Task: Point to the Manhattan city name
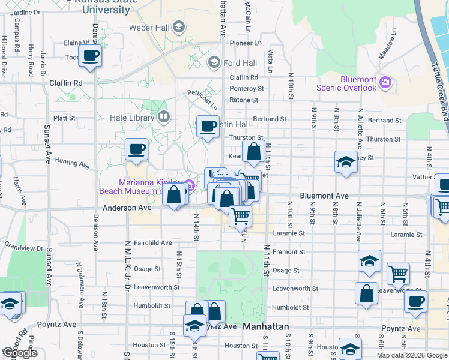click(x=266, y=327)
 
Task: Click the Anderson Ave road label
click(x=127, y=208)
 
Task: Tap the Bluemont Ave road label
click(x=324, y=196)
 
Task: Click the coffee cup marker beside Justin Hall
click(x=208, y=127)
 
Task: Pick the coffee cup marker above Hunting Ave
click(x=136, y=149)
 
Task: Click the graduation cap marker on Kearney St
click(x=346, y=162)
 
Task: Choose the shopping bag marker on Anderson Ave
click(x=174, y=195)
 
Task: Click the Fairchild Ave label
click(x=153, y=243)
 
